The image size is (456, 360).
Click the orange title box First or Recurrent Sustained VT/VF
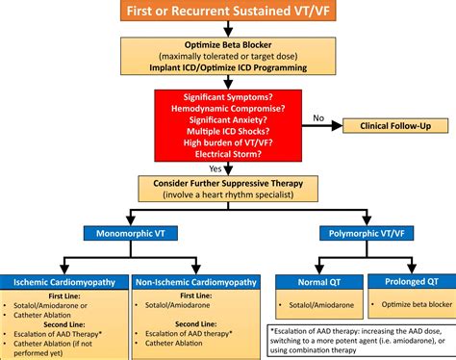coord(227,13)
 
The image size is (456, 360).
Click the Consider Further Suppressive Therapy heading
coord(227,183)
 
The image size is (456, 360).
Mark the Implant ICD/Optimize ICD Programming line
coord(227,67)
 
